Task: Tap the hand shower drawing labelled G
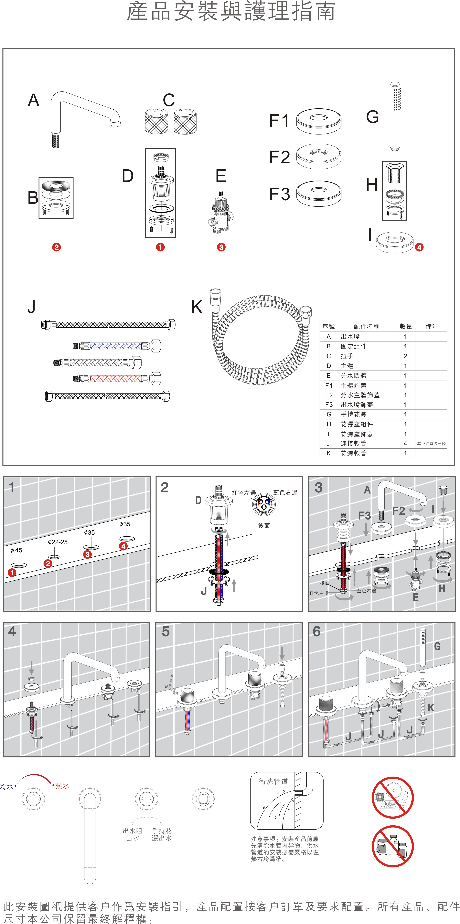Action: pos(395,117)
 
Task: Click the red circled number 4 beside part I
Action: pos(419,247)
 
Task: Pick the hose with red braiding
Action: pos(117,378)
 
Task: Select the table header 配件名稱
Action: pos(366,326)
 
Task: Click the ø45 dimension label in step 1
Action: pos(16,550)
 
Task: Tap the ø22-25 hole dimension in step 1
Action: pos(58,542)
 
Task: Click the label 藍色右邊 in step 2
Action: pos(285,492)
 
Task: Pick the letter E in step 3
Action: pos(415,597)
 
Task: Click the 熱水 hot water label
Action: pos(62,786)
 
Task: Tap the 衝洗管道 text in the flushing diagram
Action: pos(273,781)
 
